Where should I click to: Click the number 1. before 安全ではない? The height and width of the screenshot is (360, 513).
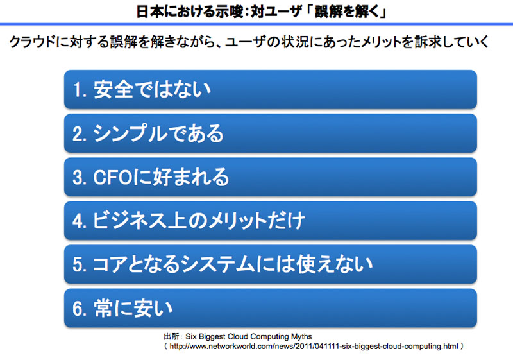coord(80,90)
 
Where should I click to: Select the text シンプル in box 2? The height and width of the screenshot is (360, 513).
coord(130,133)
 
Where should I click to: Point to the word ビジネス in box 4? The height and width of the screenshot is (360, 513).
coord(130,221)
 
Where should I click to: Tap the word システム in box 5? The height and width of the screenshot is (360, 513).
coord(217,264)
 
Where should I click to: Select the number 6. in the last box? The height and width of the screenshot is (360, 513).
coord(80,309)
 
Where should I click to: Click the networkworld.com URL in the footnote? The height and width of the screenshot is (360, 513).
coord(314,347)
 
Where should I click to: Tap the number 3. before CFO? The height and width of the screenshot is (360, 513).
coord(80,178)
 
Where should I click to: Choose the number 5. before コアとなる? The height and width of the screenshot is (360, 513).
coord(80,265)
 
